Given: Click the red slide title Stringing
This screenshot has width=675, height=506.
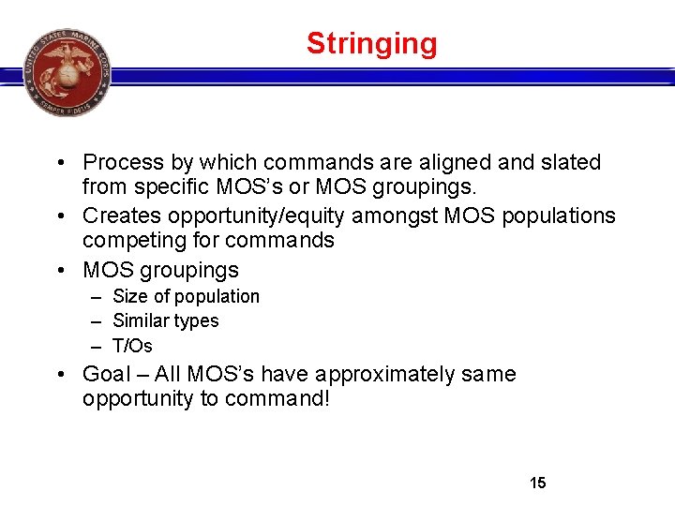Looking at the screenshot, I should tap(371, 44).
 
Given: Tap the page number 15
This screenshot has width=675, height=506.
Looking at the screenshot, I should tap(537, 484).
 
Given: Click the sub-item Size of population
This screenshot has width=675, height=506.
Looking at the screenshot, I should tap(186, 297).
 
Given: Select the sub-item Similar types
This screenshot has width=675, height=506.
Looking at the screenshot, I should tap(165, 321).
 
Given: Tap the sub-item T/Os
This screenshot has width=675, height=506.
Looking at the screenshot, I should tap(132, 346).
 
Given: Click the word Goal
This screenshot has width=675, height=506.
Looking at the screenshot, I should tap(107, 375).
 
